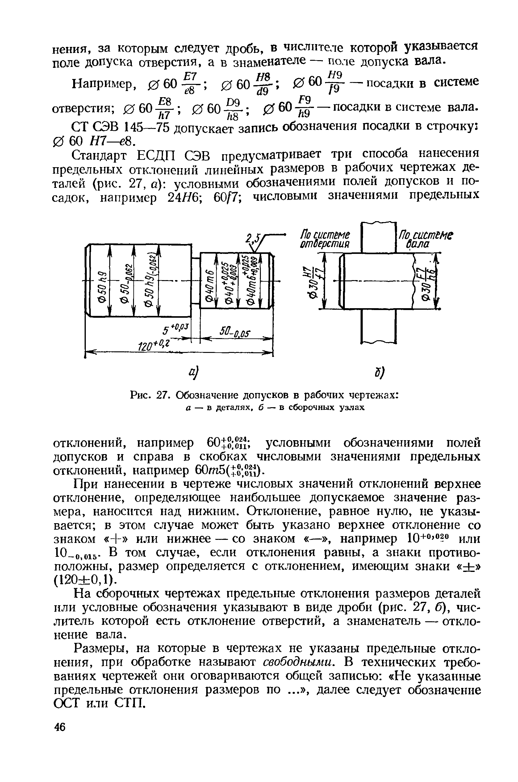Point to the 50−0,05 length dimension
235,331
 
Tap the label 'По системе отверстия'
325,240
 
